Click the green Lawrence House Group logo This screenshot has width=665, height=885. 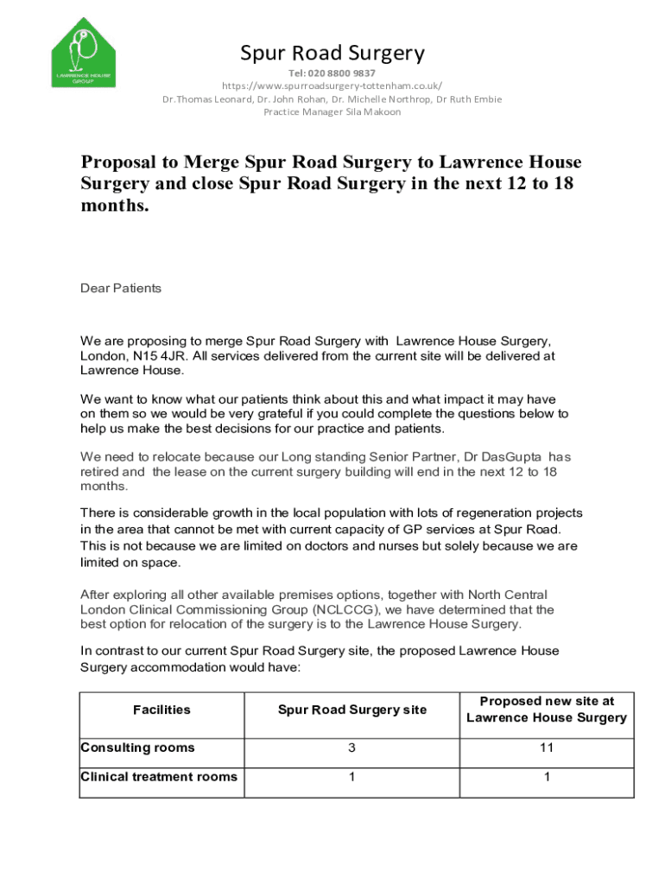83,53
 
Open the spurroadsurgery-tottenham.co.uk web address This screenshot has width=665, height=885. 332,86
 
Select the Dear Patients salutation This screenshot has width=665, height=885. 121,289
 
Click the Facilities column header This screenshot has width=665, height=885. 161,710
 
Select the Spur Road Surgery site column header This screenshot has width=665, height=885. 351,710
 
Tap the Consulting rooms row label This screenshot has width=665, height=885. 137,748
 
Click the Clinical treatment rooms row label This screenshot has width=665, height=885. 159,777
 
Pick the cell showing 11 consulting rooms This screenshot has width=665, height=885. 546,748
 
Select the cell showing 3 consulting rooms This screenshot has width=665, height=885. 351,748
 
